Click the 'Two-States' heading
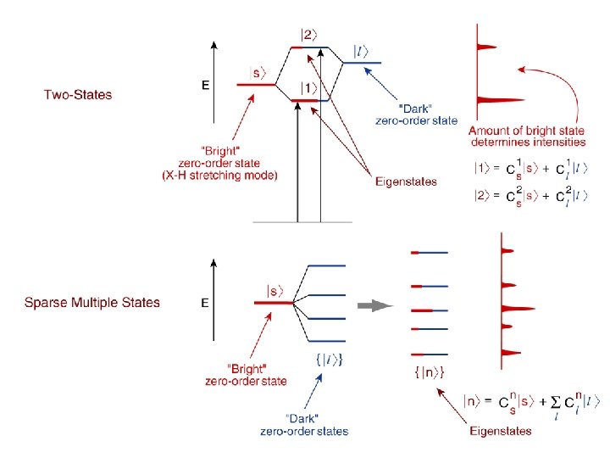[78, 94]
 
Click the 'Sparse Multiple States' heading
[91, 303]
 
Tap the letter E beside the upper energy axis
[204, 86]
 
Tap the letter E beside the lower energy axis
[204, 303]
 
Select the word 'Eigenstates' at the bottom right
[501, 431]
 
